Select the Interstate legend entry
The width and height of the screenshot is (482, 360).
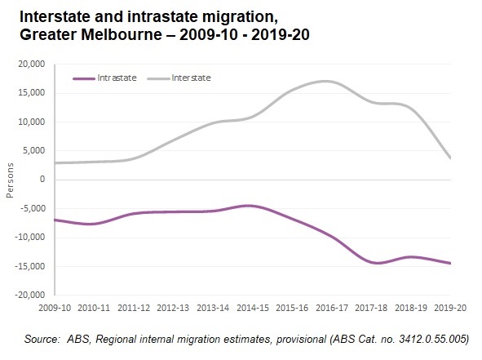(191, 78)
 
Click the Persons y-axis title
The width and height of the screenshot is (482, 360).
(11, 180)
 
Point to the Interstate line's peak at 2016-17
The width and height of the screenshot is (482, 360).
(326, 81)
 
